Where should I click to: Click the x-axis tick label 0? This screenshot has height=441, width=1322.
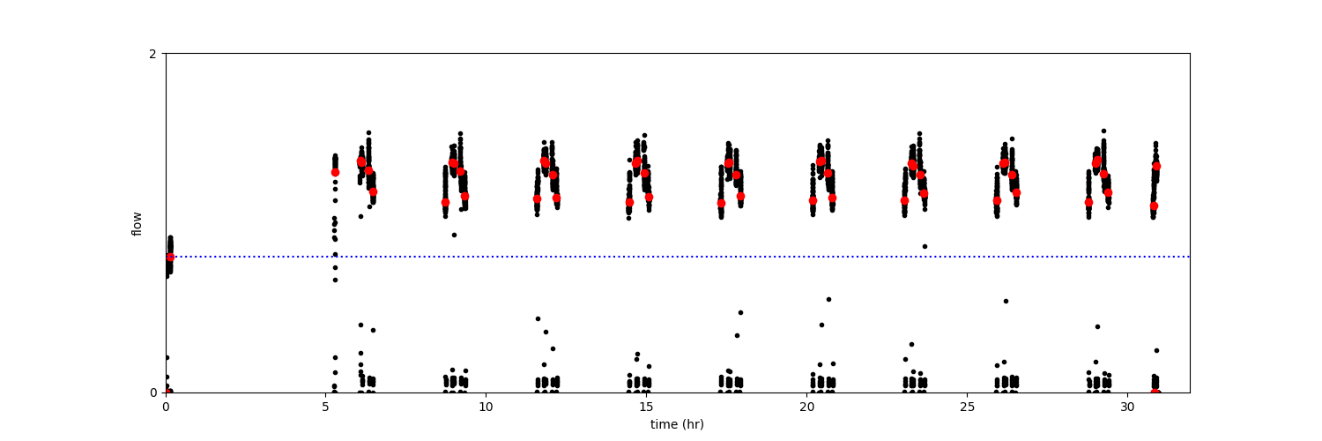click(166, 407)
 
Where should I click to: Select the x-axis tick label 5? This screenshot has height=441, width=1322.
click(326, 407)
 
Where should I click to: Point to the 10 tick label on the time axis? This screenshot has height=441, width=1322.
click(486, 407)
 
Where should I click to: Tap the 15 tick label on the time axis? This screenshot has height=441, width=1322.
click(646, 407)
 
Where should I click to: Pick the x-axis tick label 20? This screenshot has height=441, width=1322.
click(806, 407)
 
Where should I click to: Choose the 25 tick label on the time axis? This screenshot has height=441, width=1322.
click(967, 407)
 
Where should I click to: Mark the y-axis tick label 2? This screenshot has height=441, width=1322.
click(152, 54)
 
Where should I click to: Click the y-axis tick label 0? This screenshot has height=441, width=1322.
click(152, 392)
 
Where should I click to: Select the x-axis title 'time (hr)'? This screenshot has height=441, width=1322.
click(677, 424)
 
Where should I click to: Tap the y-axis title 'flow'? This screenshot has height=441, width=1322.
click(137, 223)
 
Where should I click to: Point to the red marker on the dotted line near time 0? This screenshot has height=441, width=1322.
click(170, 257)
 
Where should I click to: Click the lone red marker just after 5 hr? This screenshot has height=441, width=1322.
click(335, 172)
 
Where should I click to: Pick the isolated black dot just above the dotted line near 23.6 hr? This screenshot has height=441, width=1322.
click(925, 246)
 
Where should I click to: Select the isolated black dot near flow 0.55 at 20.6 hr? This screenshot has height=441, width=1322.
click(828, 299)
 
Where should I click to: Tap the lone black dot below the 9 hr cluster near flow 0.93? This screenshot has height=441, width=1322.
click(454, 235)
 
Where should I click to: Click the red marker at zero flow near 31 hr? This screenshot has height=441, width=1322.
click(1155, 392)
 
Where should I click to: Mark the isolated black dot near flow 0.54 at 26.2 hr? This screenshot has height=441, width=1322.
click(1006, 301)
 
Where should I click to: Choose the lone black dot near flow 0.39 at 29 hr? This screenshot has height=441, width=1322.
click(1097, 326)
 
